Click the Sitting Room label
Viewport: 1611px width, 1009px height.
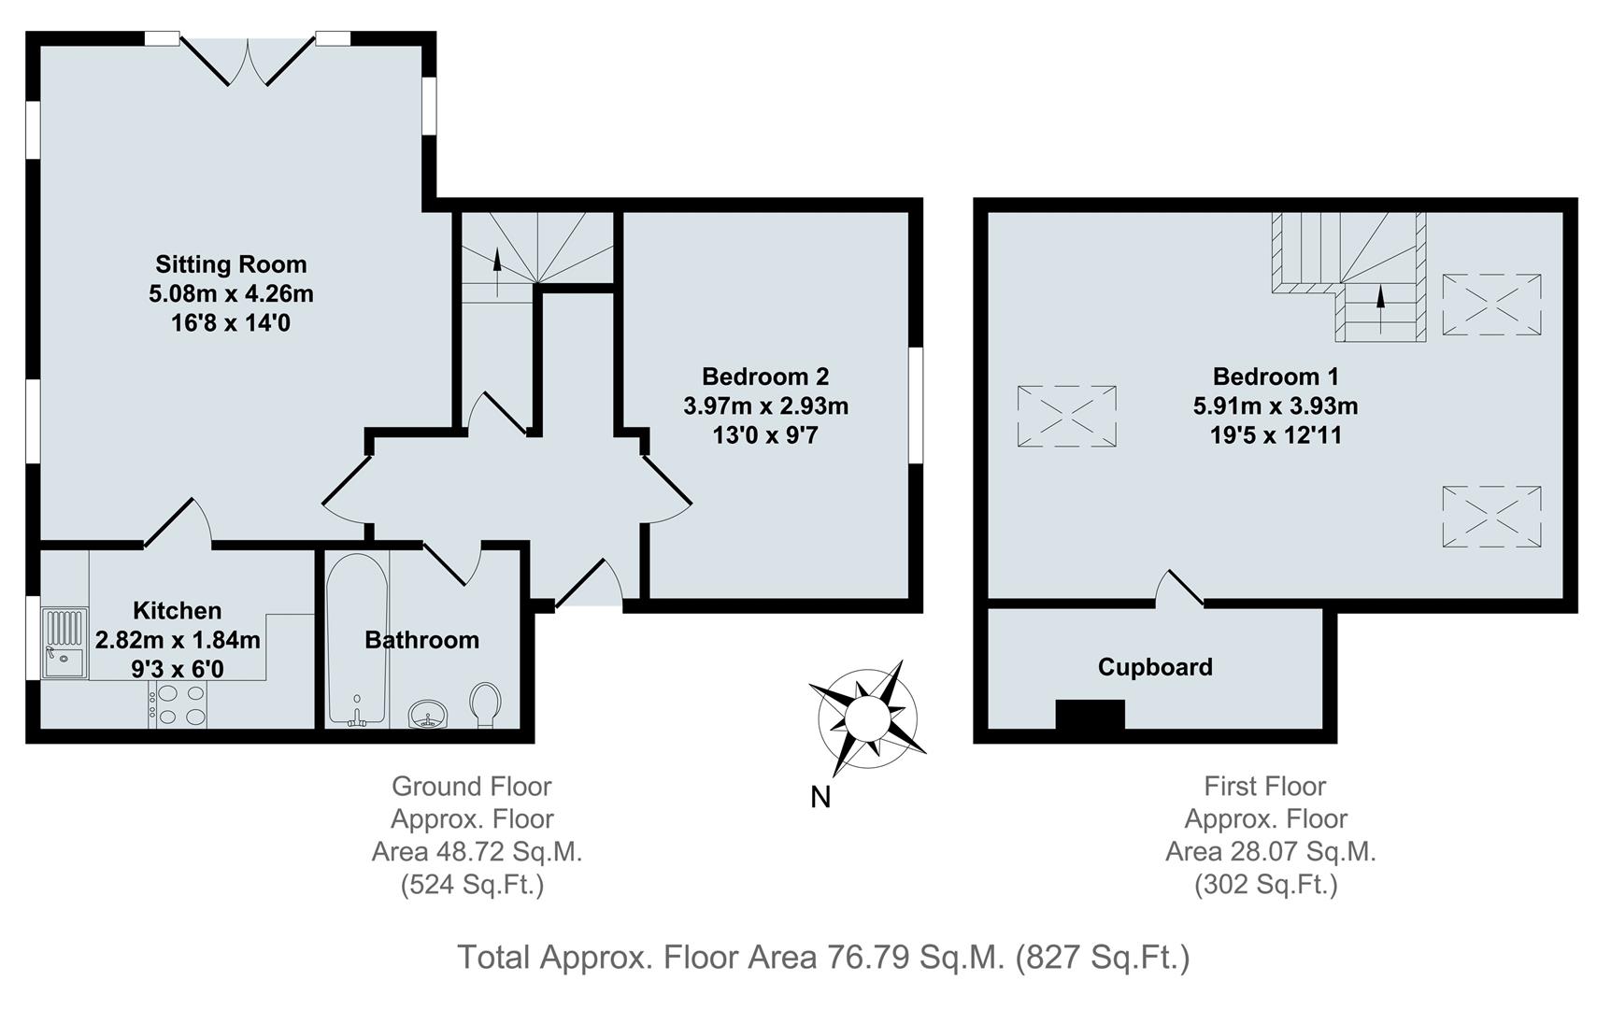pos(231,264)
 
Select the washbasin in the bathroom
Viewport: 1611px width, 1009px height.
pos(429,714)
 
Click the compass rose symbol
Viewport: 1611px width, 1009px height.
pos(866,718)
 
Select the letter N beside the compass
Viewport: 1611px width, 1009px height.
pos(820,797)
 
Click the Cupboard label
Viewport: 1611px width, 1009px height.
pos(1155,667)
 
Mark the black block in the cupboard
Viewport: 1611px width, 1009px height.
pos(1090,715)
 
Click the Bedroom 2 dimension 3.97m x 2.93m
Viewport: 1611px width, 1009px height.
pos(765,406)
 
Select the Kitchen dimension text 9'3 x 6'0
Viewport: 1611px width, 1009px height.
pos(178,669)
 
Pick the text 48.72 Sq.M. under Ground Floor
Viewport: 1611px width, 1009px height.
pos(477,852)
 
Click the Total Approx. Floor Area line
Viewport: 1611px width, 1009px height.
pos(822,958)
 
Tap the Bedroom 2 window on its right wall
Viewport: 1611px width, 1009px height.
pos(917,405)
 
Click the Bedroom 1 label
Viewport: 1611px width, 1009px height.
pos(1276,377)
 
